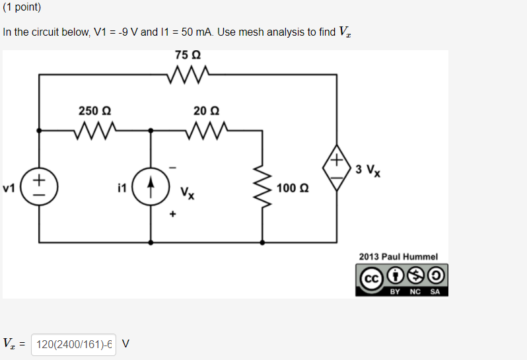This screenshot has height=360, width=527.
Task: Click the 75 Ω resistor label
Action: tap(188, 54)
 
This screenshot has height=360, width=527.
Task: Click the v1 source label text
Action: tap(9, 188)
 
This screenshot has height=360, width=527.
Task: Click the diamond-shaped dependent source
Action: tap(337, 168)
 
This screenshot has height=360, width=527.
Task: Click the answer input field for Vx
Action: tap(73, 343)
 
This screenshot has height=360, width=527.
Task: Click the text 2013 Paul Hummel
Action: tap(398, 256)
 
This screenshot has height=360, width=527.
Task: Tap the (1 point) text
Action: tap(22, 8)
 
